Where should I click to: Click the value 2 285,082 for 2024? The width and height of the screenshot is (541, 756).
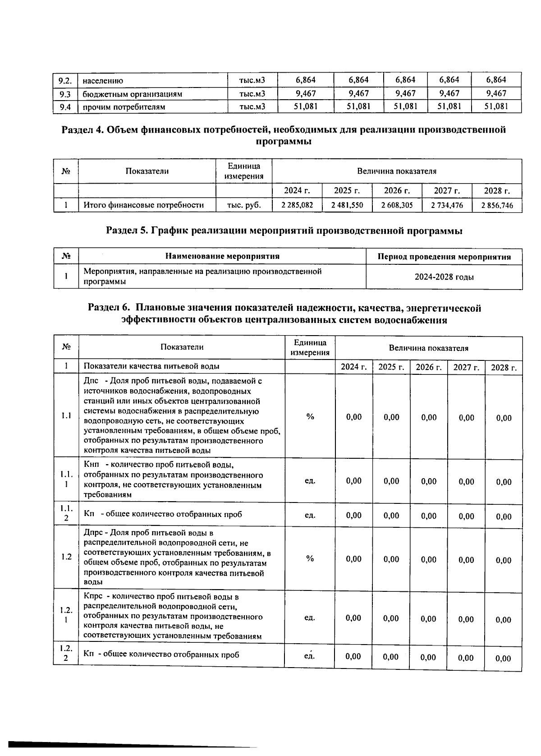pyautogui.click(x=297, y=205)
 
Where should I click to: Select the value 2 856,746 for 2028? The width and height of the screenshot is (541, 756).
pyautogui.click(x=497, y=206)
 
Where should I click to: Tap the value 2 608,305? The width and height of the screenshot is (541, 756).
pyautogui.click(x=397, y=205)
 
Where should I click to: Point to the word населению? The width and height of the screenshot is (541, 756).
pyautogui.click(x=103, y=81)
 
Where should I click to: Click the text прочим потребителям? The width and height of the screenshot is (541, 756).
pyautogui.click(x=124, y=107)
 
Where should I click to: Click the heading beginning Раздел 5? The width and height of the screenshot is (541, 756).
pyautogui.click(x=284, y=231)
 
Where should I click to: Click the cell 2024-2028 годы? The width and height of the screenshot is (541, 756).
pyautogui.click(x=444, y=277)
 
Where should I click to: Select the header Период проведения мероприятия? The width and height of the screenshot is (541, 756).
pyautogui.click(x=444, y=257)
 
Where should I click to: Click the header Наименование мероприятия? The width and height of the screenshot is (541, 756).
pyautogui.click(x=222, y=256)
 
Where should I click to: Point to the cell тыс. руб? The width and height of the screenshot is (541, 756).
pyautogui.click(x=243, y=205)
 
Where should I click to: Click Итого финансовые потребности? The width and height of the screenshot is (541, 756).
pyautogui.click(x=143, y=205)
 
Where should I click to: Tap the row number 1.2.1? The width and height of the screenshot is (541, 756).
pyautogui.click(x=66, y=615)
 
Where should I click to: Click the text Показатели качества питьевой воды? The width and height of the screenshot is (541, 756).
pyautogui.click(x=151, y=366)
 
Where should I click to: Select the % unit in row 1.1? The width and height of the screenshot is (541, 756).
pyautogui.click(x=310, y=417)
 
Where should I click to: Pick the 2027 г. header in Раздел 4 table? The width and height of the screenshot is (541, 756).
pyautogui.click(x=446, y=190)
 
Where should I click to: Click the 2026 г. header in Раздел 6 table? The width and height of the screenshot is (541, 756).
pyautogui.click(x=428, y=367)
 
